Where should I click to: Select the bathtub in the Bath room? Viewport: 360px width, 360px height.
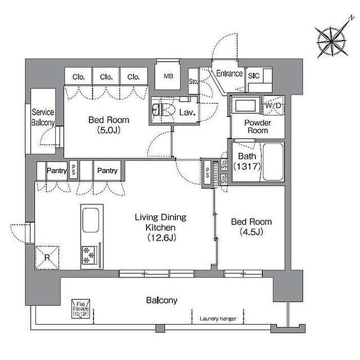[x=273, y=162]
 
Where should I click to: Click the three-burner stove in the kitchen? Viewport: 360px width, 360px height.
[x=89, y=255]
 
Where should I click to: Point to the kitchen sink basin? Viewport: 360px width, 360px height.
[x=91, y=220]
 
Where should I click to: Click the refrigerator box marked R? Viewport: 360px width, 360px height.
[x=47, y=258]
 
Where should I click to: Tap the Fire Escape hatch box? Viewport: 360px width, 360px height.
[x=81, y=309]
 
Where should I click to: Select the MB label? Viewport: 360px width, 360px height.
[x=168, y=76]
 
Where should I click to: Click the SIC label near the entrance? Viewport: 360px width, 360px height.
[x=254, y=76]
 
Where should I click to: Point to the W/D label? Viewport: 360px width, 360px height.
[x=273, y=106]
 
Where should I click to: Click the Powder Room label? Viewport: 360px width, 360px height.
[x=258, y=127]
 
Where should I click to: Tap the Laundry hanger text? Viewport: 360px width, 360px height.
[x=218, y=319]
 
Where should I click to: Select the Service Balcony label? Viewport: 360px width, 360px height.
[x=43, y=117]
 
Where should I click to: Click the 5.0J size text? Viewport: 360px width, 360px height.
[x=109, y=131]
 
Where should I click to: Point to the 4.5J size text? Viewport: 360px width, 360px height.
[x=251, y=232]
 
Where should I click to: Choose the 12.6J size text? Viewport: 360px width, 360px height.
[x=161, y=238]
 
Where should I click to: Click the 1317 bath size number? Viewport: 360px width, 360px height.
[x=247, y=166]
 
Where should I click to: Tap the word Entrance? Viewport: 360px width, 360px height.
[x=229, y=74]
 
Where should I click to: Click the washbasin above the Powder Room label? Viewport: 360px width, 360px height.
[x=245, y=105]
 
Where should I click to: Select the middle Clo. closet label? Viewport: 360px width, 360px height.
[x=106, y=77]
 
